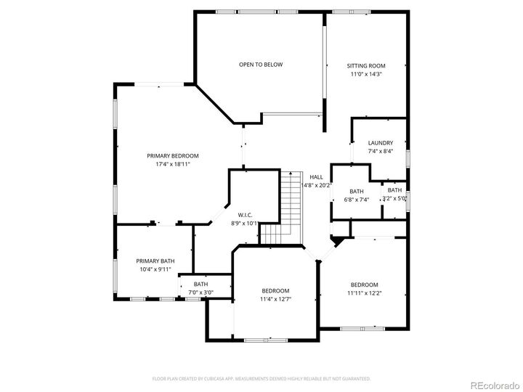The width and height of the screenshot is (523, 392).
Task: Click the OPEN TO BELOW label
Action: click(x=261, y=65)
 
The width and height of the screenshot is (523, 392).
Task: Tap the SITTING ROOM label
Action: click(x=365, y=65)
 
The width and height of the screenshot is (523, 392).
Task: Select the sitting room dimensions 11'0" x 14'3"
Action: click(x=365, y=74)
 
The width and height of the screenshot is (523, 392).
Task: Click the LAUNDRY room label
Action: click(x=380, y=143)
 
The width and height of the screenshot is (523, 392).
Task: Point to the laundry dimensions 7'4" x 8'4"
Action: click(x=380, y=152)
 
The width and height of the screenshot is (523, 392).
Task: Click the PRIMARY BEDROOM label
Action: click(x=172, y=155)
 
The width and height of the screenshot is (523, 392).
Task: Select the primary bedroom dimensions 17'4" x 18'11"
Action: click(x=172, y=164)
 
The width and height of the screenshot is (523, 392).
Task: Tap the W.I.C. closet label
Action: click(x=244, y=215)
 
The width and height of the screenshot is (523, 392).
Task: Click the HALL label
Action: click(x=316, y=176)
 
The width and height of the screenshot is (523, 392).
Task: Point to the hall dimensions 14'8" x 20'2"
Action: click(x=316, y=185)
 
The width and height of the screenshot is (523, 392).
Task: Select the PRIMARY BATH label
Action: click(x=155, y=261)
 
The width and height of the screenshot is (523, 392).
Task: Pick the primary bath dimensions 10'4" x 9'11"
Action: click(x=155, y=269)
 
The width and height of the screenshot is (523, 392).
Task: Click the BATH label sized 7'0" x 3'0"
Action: click(x=200, y=284)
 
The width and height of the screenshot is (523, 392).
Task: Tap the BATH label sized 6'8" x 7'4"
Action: click(x=356, y=191)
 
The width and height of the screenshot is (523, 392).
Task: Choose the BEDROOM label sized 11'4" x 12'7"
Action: click(x=275, y=290)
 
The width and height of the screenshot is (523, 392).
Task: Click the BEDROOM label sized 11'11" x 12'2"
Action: click(x=364, y=285)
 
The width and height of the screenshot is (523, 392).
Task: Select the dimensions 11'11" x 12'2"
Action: click(x=364, y=293)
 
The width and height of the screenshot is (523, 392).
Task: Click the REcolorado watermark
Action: click(x=493, y=385)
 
